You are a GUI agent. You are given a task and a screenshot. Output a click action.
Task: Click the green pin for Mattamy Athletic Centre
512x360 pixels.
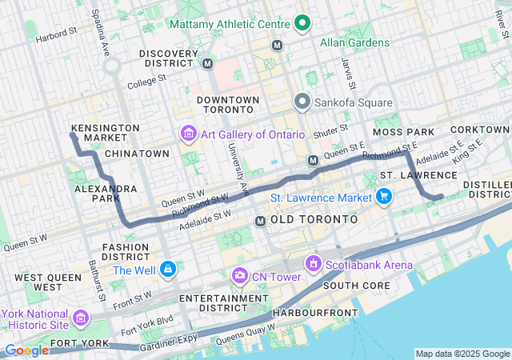pyautogui.click(x=302, y=24)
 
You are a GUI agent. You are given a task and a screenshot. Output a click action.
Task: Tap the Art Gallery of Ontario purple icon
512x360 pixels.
pyautogui.click(x=189, y=134)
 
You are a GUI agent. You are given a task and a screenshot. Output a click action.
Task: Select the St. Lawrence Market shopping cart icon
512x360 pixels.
pyautogui.click(x=384, y=197)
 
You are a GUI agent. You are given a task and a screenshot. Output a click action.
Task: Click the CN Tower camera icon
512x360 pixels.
pyautogui.click(x=239, y=276)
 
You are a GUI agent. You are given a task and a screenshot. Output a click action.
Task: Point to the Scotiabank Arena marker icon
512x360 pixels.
pyautogui.click(x=314, y=264)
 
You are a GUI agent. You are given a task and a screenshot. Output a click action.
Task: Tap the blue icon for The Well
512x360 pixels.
pyautogui.click(x=168, y=270)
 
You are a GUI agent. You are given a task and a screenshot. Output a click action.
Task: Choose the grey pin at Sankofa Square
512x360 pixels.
pyautogui.click(x=302, y=102)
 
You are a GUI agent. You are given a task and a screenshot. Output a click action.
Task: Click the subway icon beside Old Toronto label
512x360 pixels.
pyautogui.click(x=260, y=220)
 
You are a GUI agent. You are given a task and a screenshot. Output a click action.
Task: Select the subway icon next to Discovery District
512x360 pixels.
pyautogui.click(x=208, y=63)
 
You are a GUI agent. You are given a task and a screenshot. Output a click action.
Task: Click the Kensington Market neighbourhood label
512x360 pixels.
pyautogui.click(x=105, y=133)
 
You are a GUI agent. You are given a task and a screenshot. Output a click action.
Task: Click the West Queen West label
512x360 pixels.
pyautogui.click(x=38, y=282)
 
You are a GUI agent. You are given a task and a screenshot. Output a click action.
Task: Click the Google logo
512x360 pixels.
pyautogui.click(x=26, y=350)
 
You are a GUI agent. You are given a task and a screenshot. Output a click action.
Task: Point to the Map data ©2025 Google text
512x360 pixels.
pyautogui.click(x=462, y=354)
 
